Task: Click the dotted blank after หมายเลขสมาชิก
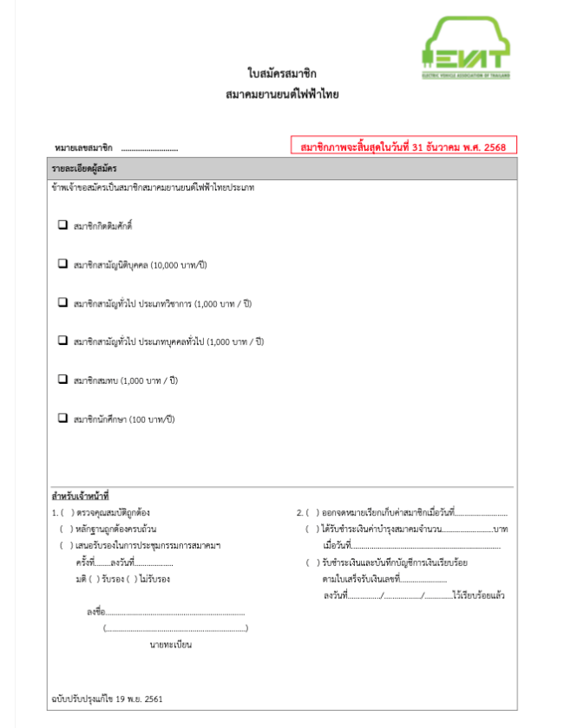tap(149, 149)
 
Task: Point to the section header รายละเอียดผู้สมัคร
tap(85, 167)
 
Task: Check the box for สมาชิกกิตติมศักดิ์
tap(62, 225)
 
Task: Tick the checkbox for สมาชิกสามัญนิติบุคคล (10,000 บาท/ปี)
tap(62, 263)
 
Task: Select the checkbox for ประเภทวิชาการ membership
tap(62, 302)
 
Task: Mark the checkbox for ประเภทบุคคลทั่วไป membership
tap(62, 341)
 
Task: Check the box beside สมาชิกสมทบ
tap(62, 380)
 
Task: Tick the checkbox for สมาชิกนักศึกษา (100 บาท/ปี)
tap(62, 418)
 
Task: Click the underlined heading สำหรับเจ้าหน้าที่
tap(79, 497)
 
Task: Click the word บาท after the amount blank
tap(500, 529)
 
